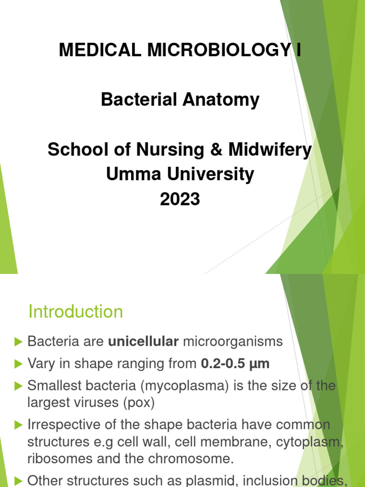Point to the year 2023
[180, 199]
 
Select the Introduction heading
[76, 312]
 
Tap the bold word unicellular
[144, 341]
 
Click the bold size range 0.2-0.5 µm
[235, 364]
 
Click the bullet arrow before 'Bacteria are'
[19, 341]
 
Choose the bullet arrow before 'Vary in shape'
[19, 364]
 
